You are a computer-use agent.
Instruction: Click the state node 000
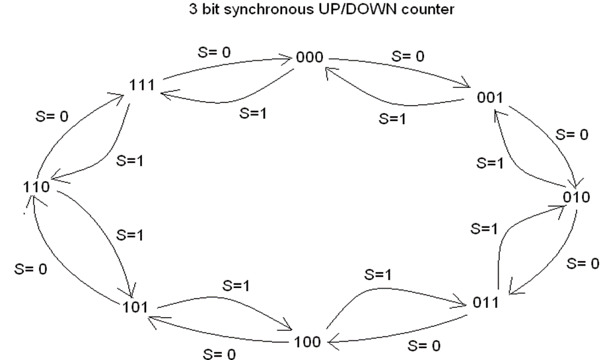pos(309,57)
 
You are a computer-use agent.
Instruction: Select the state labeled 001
pos(490,98)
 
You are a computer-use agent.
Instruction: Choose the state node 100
pos(307,342)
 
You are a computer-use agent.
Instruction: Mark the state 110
pos(35,187)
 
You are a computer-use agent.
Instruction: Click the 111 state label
pos(143,85)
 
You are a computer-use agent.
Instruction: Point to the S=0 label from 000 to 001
pos(408,57)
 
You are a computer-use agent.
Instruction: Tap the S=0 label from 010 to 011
pos(583,264)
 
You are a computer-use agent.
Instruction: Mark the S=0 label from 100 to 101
pos(219,354)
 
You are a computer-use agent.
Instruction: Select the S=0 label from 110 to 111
pos(51,116)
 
